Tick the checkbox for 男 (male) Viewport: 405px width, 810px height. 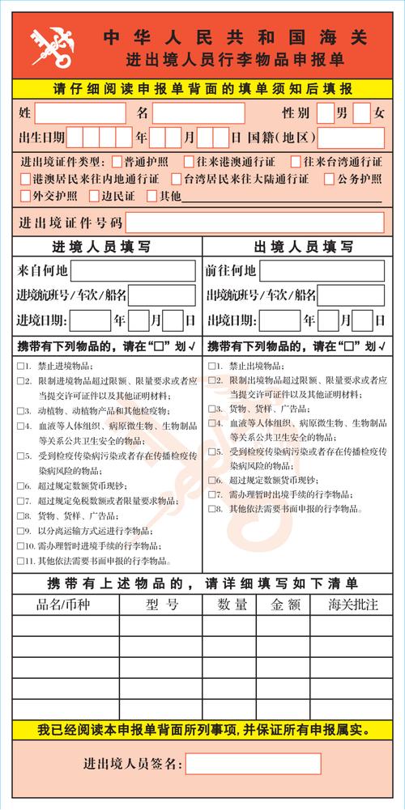(324, 112)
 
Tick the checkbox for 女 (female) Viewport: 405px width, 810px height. (361, 112)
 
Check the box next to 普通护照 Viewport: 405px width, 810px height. (117, 161)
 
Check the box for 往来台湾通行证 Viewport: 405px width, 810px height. (296, 161)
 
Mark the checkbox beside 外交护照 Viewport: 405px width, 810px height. (26, 195)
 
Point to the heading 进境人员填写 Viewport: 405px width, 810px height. (107, 246)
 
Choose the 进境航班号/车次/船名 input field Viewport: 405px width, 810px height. (161, 295)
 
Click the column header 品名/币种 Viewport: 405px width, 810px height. (66, 604)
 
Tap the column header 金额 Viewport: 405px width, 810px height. (285, 604)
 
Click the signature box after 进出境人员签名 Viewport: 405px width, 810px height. (253, 764)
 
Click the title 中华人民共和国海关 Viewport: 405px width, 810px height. (235, 37)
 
